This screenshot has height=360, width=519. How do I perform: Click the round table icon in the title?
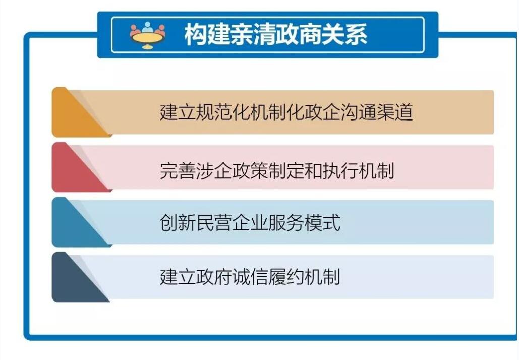pyautogui.click(x=148, y=35)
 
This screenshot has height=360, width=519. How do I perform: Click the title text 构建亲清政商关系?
pyautogui.click(x=276, y=34)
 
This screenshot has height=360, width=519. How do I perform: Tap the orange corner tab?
pyautogui.click(x=80, y=112)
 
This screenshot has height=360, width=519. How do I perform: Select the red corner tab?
pyautogui.click(x=80, y=167)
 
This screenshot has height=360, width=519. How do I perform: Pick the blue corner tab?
pyautogui.click(x=80, y=222)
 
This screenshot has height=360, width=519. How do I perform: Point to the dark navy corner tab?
pyautogui.click(x=80, y=277)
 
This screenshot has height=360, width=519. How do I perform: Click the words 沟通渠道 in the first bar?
pyautogui.click(x=377, y=112)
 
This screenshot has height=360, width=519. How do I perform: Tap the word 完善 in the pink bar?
pyautogui.click(x=178, y=170)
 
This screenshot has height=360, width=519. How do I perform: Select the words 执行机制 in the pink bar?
pyautogui.click(x=358, y=170)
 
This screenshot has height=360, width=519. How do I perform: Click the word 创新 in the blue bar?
pyautogui.click(x=178, y=222)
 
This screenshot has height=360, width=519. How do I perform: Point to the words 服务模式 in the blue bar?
pyautogui.click(x=304, y=222)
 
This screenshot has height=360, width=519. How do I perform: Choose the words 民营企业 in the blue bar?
pyautogui.click(x=232, y=222)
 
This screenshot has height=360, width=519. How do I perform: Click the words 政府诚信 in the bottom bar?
pyautogui.click(x=232, y=277)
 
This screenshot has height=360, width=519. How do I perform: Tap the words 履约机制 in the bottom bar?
pyautogui.click(x=304, y=277)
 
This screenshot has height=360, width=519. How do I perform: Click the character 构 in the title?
pyautogui.click(x=196, y=34)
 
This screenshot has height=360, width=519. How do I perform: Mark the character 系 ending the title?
pyautogui.click(x=356, y=34)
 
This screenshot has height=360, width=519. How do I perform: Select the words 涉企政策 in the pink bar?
pyautogui.click(x=232, y=170)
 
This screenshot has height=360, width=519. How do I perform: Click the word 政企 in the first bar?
pyautogui.click(x=322, y=112)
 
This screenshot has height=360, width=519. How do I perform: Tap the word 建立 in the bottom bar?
pyautogui.click(x=178, y=277)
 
